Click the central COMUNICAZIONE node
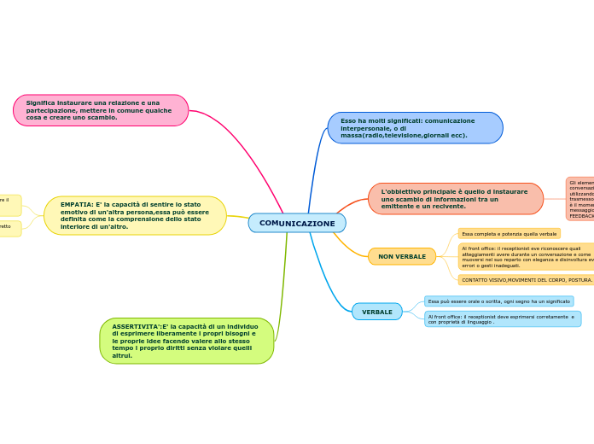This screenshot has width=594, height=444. (x=297, y=223)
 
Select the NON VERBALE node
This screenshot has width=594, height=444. (x=402, y=256)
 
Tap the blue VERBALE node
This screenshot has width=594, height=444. (x=377, y=312)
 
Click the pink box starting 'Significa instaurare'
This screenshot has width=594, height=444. (x=101, y=110)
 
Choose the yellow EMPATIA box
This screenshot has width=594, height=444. (x=135, y=215)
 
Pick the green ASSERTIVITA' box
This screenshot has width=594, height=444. (x=186, y=341)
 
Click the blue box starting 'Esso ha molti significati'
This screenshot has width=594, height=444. (x=415, y=128)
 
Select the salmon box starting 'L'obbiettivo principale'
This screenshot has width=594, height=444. (x=456, y=198)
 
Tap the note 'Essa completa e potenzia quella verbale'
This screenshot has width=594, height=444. (x=510, y=233)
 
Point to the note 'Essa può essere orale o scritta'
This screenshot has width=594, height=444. (x=499, y=301)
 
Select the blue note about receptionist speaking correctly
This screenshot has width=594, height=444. (x=503, y=318)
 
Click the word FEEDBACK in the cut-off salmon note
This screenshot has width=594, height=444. (x=582, y=216)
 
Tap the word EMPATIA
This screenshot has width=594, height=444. (x=75, y=205)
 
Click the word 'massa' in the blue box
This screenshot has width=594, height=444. (x=351, y=136)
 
